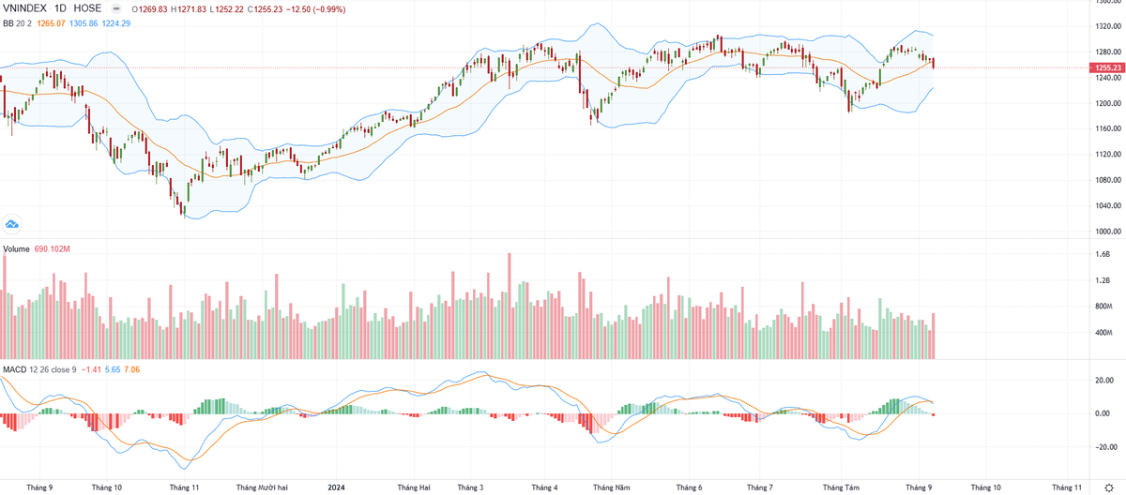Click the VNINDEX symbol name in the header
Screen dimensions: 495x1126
(x=24, y=7)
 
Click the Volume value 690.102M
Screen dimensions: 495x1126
(x=53, y=248)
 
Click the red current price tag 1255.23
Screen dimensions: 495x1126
(x=1105, y=67)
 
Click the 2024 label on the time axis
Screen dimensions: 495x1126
(x=337, y=487)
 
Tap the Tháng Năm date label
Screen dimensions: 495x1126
(x=611, y=487)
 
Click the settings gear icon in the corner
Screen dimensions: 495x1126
(x=1108, y=487)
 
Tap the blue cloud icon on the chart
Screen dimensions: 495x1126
(x=12, y=223)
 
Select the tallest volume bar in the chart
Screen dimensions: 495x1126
(x=509, y=306)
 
